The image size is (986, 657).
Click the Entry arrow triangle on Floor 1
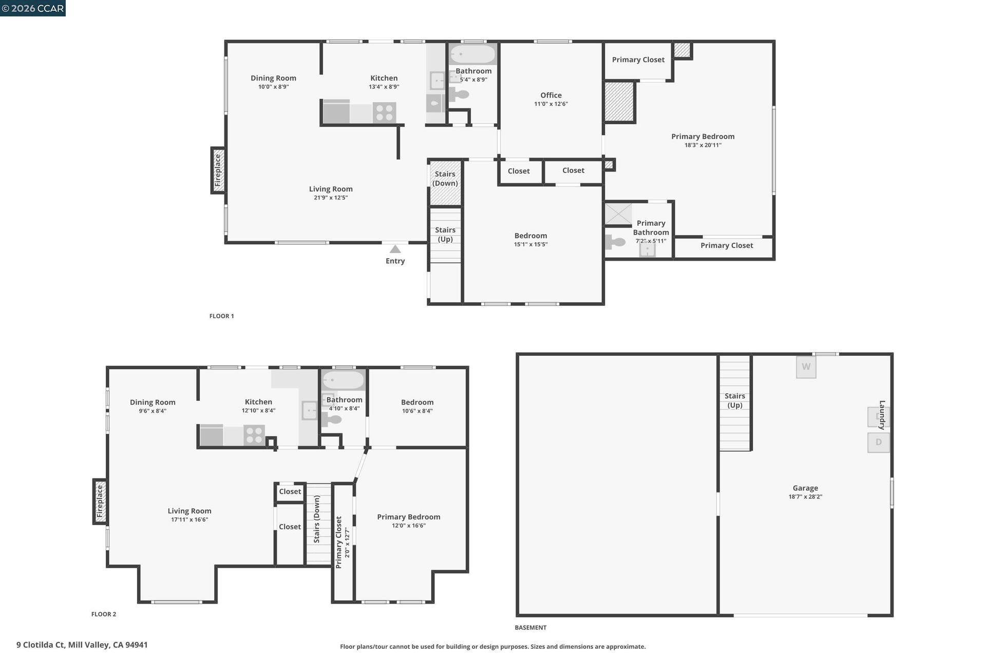(395, 249)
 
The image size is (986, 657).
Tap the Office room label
(551, 95)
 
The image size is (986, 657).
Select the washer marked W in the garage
(806, 367)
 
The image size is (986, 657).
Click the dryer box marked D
(878, 442)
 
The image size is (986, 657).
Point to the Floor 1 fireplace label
(218, 170)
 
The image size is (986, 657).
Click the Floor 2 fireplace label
(100, 501)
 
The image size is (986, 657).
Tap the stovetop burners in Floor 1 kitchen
(384, 112)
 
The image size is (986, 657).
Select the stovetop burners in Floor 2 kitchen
(254, 435)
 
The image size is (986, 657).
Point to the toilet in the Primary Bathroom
(615, 241)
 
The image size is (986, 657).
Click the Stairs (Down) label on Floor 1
(445, 179)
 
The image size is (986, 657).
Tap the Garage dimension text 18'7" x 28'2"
(805, 497)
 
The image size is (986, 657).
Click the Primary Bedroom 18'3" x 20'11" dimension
(703, 145)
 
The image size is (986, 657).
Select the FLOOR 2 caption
(104, 614)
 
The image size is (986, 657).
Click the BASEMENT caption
(530, 627)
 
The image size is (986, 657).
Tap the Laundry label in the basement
(882, 415)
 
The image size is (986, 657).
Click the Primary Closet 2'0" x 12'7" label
(343, 543)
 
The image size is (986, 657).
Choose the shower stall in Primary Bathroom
(618, 214)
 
